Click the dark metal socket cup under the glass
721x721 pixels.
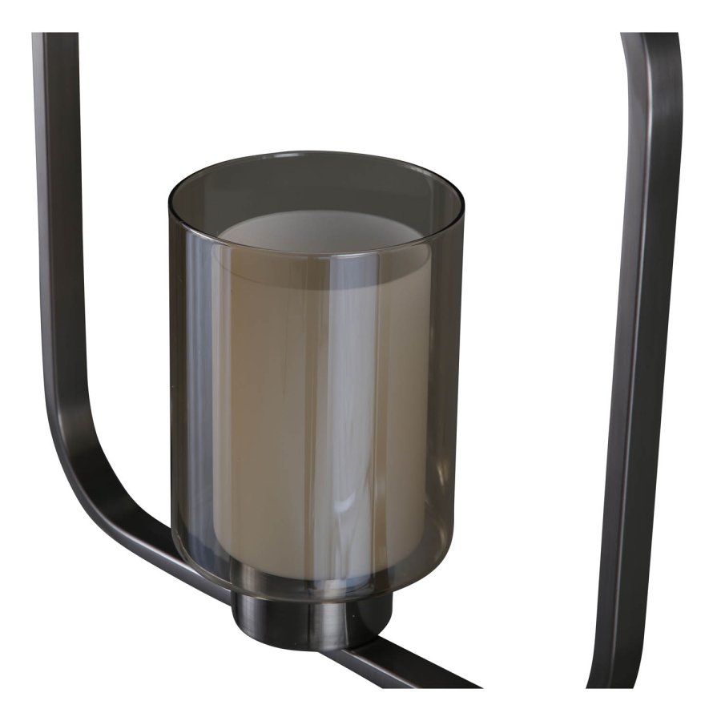312,617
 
